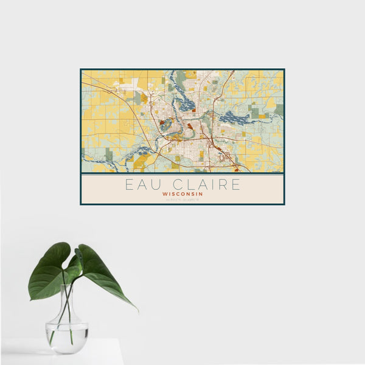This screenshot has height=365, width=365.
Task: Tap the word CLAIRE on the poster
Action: pyautogui.click(x=203, y=184)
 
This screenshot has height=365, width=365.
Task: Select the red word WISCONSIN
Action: pyautogui.click(x=182, y=194)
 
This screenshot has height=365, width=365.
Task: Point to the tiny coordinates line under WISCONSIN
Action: pyautogui.click(x=182, y=200)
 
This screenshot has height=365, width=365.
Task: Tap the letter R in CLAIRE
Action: pyautogui.click(x=220, y=184)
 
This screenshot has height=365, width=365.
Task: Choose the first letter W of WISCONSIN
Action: pyautogui.click(x=165, y=194)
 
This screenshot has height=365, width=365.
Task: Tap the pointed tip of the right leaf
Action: pyautogui.click(x=136, y=310)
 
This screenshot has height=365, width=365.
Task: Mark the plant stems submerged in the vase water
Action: pyautogui.click(x=64, y=332)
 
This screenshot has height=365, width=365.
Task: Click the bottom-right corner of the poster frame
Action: pyautogui.click(x=284, y=204)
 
